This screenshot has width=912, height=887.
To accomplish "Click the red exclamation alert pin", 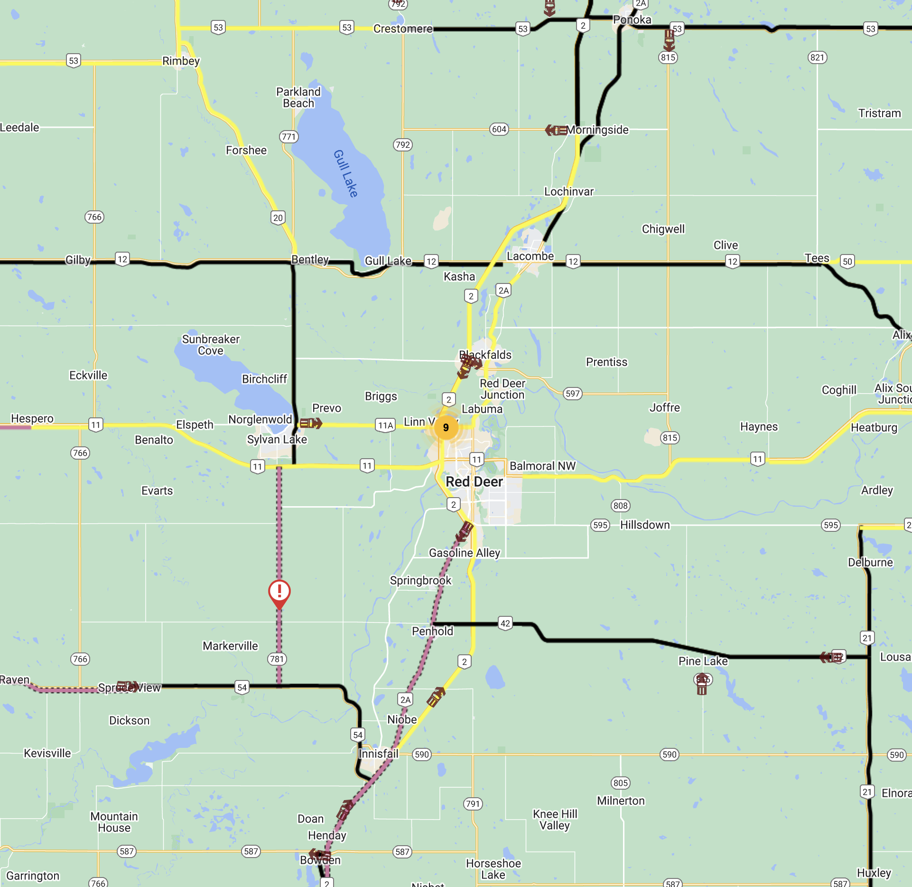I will (279, 592).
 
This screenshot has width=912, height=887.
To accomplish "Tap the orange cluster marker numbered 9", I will (446, 427).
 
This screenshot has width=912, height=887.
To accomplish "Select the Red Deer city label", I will (474, 481).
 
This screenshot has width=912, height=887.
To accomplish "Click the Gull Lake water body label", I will (345, 173).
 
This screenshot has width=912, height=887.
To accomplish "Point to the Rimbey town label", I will (181, 61).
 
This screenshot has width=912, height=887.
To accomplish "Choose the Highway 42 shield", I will (505, 623).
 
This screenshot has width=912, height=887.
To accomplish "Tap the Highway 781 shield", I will (277, 659).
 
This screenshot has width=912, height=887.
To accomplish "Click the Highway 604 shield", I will (499, 129).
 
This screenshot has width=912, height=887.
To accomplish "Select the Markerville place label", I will (230, 646).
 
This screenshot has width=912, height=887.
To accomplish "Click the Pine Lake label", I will (703, 661).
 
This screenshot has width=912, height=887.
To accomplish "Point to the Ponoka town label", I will (632, 19).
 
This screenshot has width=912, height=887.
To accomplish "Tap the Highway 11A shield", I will (385, 425).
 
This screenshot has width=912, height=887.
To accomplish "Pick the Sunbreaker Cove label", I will (211, 345).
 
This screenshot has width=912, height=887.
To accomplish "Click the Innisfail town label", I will (379, 754).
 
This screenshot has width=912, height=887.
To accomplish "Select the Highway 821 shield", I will (817, 57).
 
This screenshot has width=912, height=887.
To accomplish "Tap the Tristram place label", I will (879, 113).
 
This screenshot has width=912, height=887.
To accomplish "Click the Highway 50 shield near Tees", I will (847, 261).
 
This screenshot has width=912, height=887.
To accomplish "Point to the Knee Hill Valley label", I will (555, 820).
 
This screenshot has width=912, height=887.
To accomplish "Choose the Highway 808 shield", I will (620, 506).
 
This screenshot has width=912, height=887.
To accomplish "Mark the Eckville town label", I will (88, 375).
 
